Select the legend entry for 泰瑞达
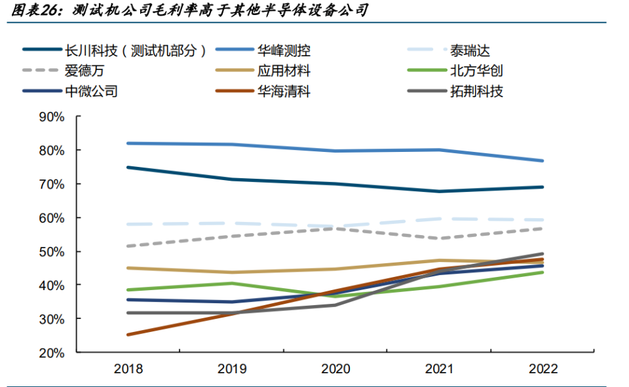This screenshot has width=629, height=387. [x=469, y=50]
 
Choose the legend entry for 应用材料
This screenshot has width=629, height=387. [x=284, y=71]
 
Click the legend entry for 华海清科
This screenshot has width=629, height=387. [x=284, y=91]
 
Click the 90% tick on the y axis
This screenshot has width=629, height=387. [x=52, y=117]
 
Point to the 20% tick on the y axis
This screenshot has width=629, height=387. [x=52, y=353]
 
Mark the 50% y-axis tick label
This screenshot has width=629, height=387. [x=52, y=252]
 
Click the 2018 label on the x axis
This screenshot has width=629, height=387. [x=128, y=369]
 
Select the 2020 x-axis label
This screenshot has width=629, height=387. [x=335, y=369]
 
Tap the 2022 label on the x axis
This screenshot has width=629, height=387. [x=543, y=369]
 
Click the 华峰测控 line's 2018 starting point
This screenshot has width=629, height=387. [x=128, y=143]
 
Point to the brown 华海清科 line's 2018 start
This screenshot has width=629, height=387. [x=128, y=335]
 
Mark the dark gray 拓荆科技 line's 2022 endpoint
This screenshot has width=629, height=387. [x=543, y=253]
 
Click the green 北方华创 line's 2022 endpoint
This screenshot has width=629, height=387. [x=543, y=272]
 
